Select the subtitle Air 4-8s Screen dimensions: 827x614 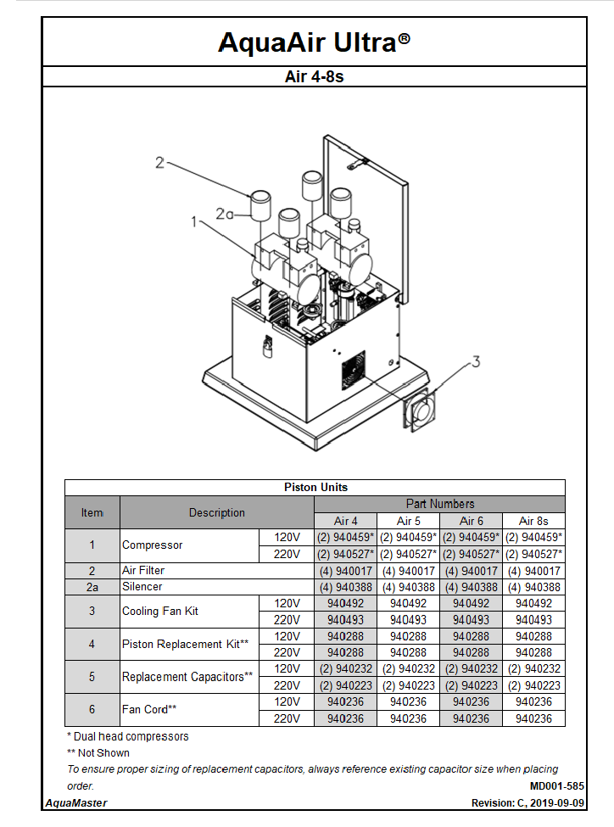[x=314, y=76]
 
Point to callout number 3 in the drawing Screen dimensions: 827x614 [x=476, y=361]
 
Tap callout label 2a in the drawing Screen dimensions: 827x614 [x=224, y=215]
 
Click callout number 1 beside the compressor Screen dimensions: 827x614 [x=194, y=222]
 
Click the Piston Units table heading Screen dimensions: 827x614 [x=315, y=487]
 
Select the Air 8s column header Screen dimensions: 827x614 [x=533, y=521]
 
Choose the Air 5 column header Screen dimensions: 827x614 [x=408, y=521]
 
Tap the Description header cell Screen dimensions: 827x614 [x=216, y=512]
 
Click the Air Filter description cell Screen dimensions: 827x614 [x=143, y=571]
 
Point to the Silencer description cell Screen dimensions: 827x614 [x=142, y=586]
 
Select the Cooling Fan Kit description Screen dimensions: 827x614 [x=160, y=611]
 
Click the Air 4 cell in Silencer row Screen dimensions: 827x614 [x=345, y=587]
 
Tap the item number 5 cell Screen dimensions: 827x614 [x=92, y=677]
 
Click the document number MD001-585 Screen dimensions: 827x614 [x=556, y=786]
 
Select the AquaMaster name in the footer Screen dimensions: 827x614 [x=75, y=802]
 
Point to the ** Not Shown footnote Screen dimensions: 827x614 [x=98, y=752]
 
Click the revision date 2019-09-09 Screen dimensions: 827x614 [x=556, y=802]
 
